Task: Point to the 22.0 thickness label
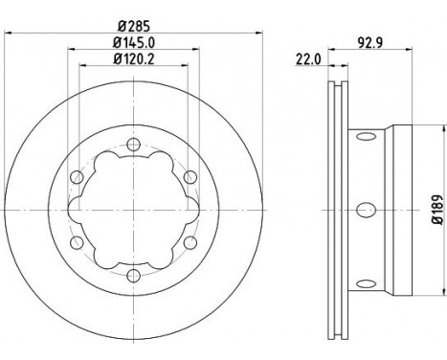tap(307, 59)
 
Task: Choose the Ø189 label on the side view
tap(436, 208)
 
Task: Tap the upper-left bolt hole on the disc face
tap(76, 176)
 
